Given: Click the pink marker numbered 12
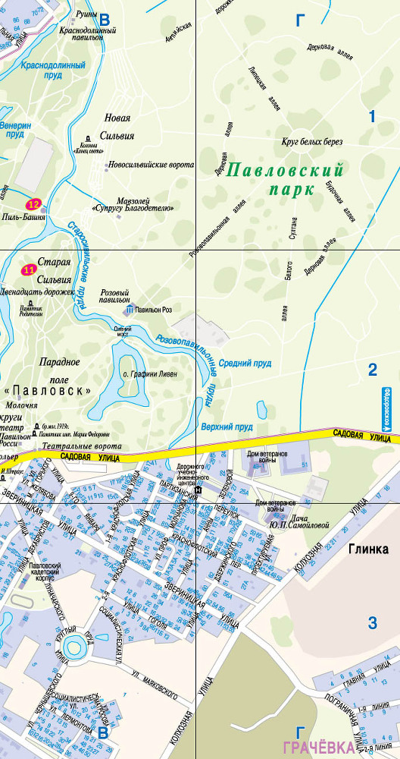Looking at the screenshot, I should point(33,203).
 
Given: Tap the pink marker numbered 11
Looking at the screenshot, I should point(30,269).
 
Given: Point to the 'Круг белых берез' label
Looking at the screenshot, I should point(312,142).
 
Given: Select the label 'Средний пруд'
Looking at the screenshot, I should point(245,364).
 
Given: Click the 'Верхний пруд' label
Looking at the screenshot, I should point(227,427).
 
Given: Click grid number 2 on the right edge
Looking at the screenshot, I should point(372,370).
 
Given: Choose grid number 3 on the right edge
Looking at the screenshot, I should point(372,623).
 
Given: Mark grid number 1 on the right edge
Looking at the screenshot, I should point(372,116).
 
